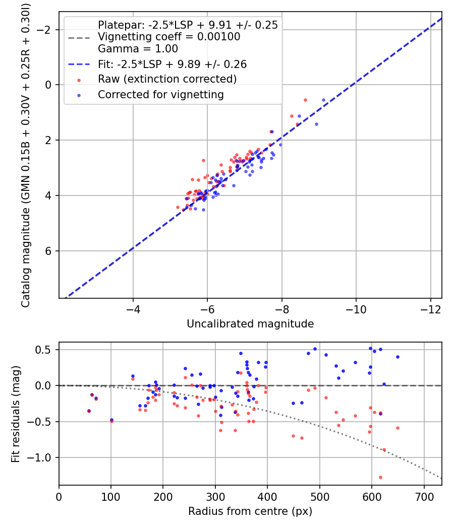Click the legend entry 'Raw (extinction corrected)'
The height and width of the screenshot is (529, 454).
pyautogui.click(x=167, y=79)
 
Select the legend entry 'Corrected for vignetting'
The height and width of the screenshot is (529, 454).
pyautogui.click(x=160, y=94)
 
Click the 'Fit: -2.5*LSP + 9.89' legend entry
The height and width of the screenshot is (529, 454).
pyautogui.click(x=172, y=64)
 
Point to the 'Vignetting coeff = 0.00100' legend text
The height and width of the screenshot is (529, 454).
pyautogui.click(x=169, y=37)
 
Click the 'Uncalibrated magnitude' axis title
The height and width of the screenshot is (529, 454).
pyautogui.click(x=250, y=324)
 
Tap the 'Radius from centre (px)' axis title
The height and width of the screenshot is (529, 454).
pyautogui.click(x=250, y=511)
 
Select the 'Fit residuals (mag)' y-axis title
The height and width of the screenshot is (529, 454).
pyautogui.click(x=16, y=414)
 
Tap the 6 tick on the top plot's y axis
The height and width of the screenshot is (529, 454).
pyautogui.click(x=49, y=251)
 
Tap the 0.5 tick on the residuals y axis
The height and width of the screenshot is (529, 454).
pyautogui.click(x=47, y=350)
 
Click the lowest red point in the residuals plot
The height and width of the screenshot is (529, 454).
pyautogui.click(x=380, y=477)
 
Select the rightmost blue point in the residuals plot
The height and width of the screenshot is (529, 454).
pyautogui.click(x=398, y=357)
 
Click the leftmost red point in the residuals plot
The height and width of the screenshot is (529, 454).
pyautogui.click(x=89, y=411)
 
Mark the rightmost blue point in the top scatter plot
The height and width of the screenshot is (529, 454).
pyautogui.click(x=324, y=100)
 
